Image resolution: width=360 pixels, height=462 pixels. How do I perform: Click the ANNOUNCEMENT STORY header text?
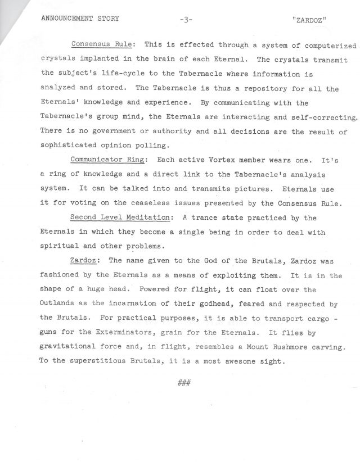80,19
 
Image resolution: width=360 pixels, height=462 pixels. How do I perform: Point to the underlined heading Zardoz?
85,260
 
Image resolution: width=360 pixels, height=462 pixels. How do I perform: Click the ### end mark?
184,383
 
